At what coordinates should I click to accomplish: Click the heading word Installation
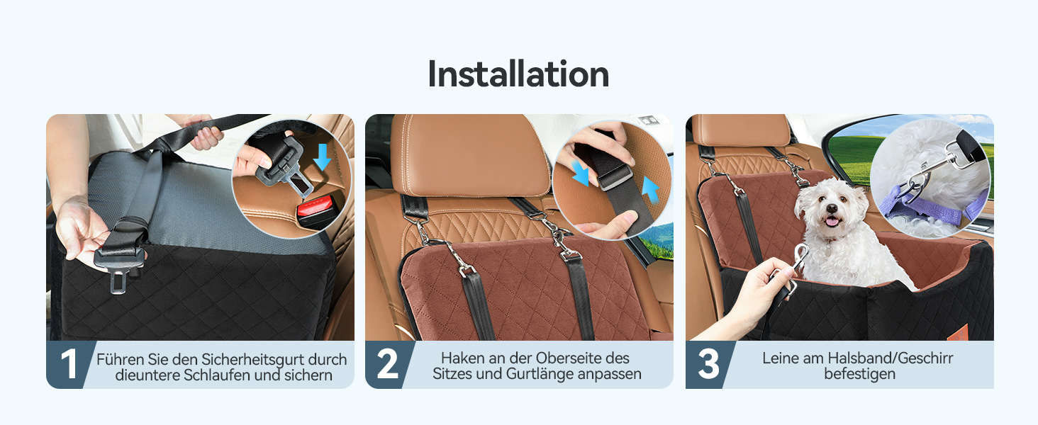518,74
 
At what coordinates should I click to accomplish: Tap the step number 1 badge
69,364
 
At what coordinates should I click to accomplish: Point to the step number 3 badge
708,364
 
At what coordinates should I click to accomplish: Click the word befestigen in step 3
859,373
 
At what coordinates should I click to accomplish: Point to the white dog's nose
832,209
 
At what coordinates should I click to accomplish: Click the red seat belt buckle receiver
316,210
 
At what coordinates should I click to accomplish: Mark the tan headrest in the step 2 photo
469,154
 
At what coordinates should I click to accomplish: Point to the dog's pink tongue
832,222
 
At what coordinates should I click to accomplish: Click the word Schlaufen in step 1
218,375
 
